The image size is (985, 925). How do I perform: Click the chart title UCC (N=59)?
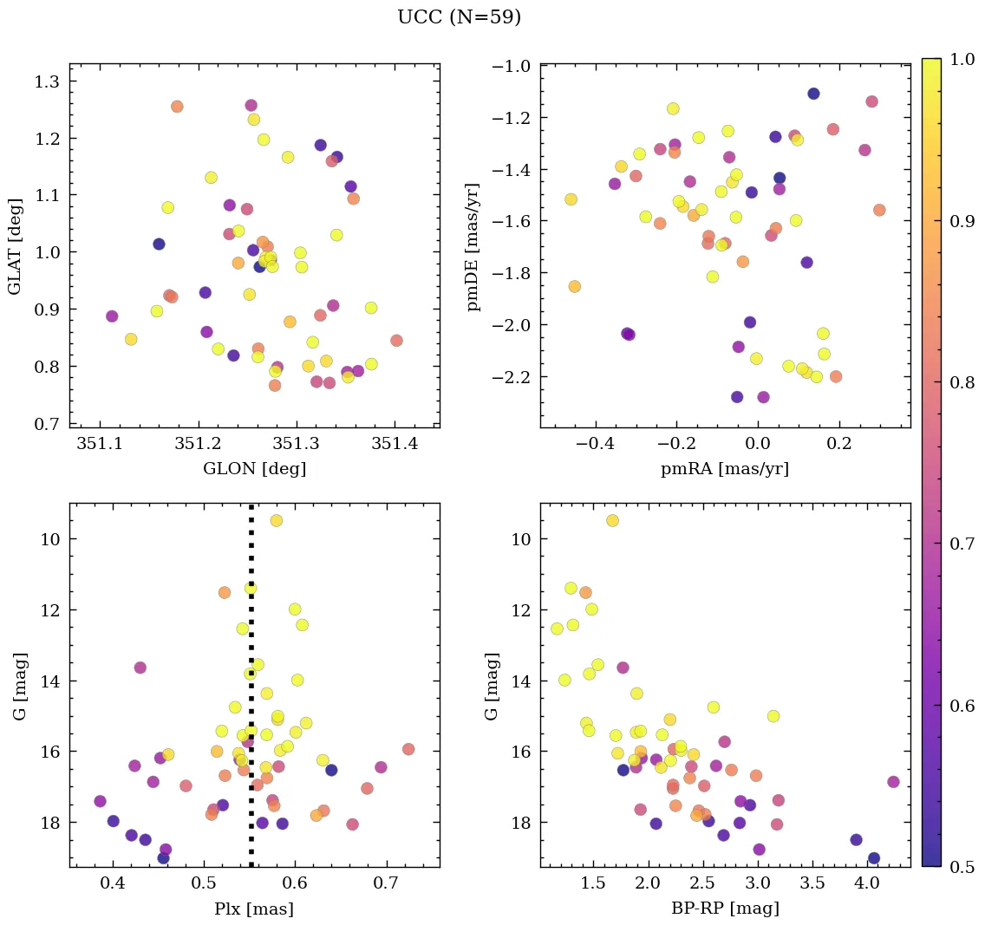459,17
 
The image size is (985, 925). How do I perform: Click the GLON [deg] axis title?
254,470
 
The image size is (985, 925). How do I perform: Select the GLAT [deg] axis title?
16,245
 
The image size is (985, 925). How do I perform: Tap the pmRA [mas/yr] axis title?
726,470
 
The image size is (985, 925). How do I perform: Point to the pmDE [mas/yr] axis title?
473,246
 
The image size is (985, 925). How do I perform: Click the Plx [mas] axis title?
254,909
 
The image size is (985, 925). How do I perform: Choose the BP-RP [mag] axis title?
726,909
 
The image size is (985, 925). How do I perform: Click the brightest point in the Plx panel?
276,520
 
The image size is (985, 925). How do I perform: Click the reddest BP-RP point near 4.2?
893,782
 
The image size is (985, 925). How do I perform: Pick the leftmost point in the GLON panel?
112,316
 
